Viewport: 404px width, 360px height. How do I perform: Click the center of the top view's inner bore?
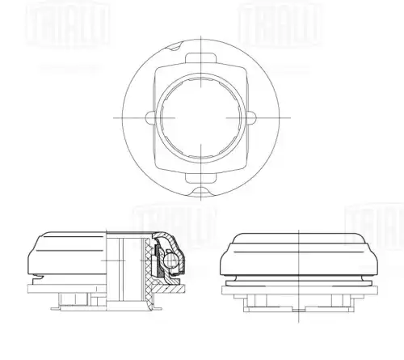point(197,116)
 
